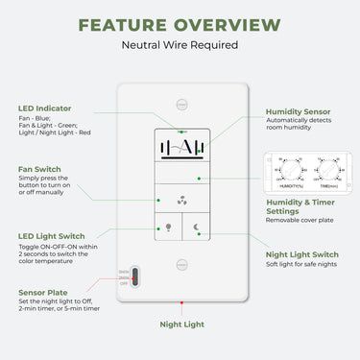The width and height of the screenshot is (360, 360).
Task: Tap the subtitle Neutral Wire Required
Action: (180, 44)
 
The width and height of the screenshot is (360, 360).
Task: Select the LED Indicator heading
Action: (44, 108)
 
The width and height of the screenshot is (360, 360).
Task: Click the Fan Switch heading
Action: (39, 169)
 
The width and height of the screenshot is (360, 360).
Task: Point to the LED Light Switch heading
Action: (52, 236)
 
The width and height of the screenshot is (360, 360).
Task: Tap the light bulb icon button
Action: (169, 228)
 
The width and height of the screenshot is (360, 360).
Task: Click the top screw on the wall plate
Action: (181, 101)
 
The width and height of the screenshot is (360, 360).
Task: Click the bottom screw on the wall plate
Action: (181, 261)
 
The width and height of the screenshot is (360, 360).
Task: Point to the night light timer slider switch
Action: (135, 277)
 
